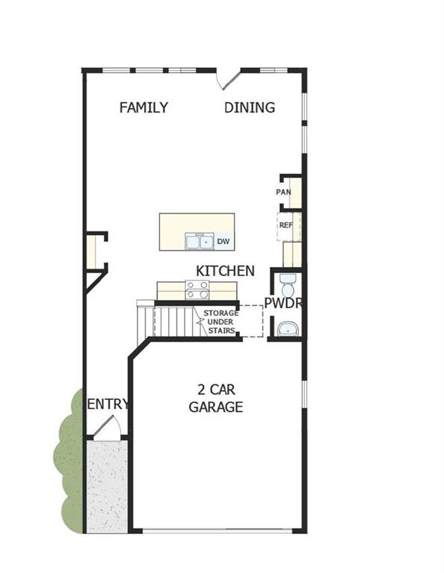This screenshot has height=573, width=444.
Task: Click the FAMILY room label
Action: tap(144, 107)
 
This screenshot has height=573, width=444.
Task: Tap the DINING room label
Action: tap(250, 107)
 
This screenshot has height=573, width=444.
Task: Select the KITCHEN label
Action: tap(225, 271)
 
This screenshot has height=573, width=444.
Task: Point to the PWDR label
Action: tap(283, 302)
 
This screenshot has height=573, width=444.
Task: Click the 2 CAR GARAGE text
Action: tap(215, 398)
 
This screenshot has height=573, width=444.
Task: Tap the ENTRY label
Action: tap(108, 404)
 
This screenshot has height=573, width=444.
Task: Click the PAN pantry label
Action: tap(283, 192)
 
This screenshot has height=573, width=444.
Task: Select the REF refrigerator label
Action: tap(286, 224)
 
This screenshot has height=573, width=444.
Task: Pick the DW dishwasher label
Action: tap(223, 241)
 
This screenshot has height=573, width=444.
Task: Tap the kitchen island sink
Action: tap(198, 242)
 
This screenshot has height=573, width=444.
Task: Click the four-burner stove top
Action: tap(197, 289)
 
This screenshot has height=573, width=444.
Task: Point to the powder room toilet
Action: tap(287, 284)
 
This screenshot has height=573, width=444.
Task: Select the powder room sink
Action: tap(286, 328)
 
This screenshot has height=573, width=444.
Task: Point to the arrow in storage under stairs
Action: tap(201, 322)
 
